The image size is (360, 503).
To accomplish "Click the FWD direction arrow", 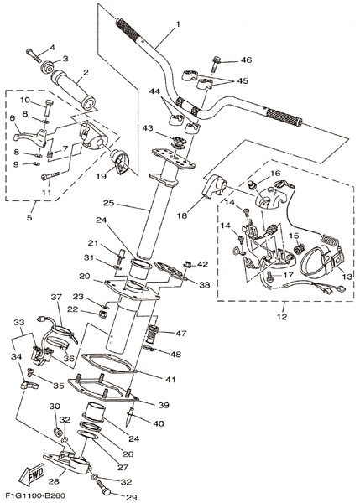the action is click(x=32, y=474).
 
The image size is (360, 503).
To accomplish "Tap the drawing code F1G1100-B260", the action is click(x=32, y=495).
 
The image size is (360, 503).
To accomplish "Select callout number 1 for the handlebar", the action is click(x=178, y=24).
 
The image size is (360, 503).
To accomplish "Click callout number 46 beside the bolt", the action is click(x=247, y=60).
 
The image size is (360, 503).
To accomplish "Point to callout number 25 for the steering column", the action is click(x=109, y=203).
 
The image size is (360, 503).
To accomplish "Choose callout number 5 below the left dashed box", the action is click(x=29, y=217).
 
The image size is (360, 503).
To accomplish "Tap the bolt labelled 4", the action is click(x=34, y=56).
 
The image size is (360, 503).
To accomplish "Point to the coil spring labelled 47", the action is click(x=154, y=334).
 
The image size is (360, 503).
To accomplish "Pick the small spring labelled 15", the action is click(x=299, y=249).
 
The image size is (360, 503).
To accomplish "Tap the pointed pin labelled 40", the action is click(x=131, y=416).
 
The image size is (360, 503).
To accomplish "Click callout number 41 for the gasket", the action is click(x=170, y=379).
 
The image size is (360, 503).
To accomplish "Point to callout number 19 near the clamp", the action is click(x=102, y=176).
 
